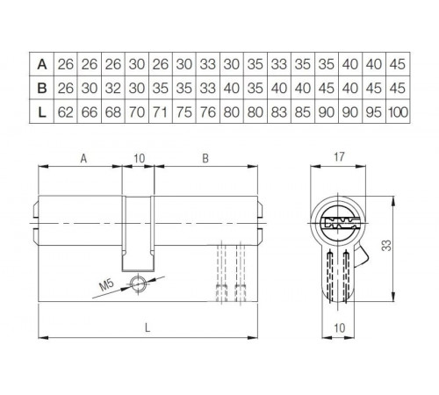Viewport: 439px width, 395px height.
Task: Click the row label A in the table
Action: click(x=41, y=63)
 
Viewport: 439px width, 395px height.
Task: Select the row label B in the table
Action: click(x=41, y=87)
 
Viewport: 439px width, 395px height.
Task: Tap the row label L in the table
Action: click(x=41, y=111)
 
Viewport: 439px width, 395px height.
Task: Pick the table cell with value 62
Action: click(x=65, y=111)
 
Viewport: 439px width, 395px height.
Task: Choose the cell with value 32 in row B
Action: click(x=111, y=87)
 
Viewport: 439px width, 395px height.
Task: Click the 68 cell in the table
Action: click(x=111, y=111)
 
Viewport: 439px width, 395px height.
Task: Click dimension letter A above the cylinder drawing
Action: click(x=83, y=159)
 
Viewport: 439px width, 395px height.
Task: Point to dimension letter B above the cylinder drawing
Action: click(x=205, y=159)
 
